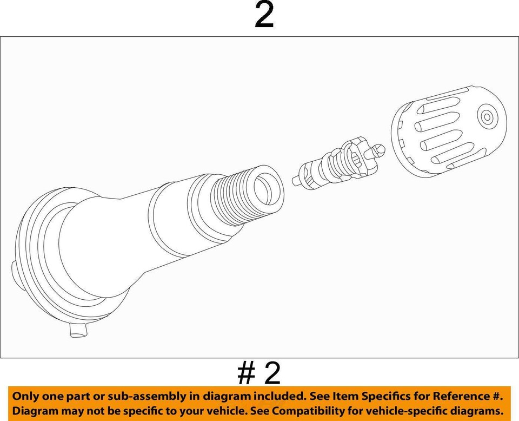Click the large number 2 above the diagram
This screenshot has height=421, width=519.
(x=264, y=16)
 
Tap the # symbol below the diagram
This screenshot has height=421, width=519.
(x=247, y=373)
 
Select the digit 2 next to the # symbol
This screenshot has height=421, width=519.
(x=272, y=373)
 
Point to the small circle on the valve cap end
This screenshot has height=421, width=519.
(x=487, y=116)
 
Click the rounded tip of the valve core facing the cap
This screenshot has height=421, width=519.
(x=380, y=149)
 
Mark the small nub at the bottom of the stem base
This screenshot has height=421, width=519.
(x=77, y=330)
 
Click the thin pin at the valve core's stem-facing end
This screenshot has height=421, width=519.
(x=297, y=179)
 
